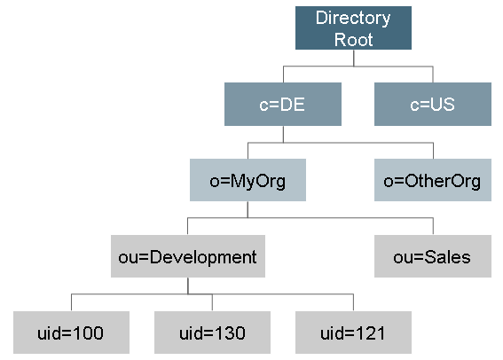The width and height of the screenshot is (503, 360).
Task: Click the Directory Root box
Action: click(x=353, y=27)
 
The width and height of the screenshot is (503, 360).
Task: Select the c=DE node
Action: click(x=283, y=104)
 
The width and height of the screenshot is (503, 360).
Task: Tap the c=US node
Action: click(x=433, y=104)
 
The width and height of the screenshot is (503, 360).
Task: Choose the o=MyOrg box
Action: click(x=248, y=180)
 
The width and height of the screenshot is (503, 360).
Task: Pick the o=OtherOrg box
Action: click(x=433, y=180)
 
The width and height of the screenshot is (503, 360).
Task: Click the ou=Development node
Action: click(x=188, y=256)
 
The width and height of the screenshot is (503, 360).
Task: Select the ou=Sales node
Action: click(x=433, y=256)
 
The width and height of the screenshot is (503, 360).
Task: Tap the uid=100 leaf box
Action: click(x=71, y=333)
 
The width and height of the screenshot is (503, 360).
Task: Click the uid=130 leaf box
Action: click(x=212, y=333)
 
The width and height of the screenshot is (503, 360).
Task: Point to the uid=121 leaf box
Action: click(x=353, y=333)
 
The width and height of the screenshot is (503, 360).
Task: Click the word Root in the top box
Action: click(x=353, y=39)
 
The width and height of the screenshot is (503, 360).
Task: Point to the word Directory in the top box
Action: click(x=353, y=18)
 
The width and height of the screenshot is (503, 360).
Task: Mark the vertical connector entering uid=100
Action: click(x=71, y=302)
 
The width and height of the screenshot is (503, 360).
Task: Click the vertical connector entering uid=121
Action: click(x=353, y=302)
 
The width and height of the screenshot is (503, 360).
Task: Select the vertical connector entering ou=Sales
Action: click(x=434, y=226)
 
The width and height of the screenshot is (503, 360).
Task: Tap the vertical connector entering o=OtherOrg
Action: click(x=434, y=151)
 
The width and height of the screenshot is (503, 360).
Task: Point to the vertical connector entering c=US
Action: click(x=433, y=74)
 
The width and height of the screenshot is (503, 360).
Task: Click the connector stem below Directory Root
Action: click(x=353, y=58)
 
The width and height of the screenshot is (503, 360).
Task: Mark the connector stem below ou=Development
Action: click(x=188, y=286)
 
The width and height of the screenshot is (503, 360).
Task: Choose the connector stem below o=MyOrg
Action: click(x=248, y=209)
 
